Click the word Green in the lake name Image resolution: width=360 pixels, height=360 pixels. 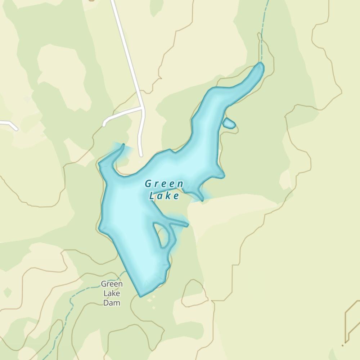[164, 184]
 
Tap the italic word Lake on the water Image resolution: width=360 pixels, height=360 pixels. [164, 196]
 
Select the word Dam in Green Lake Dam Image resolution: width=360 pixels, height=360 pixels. [112, 303]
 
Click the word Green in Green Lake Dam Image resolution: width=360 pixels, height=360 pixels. [112, 284]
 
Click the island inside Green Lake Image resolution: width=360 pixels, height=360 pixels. [162, 235]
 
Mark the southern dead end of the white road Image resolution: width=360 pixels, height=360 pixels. [141, 155]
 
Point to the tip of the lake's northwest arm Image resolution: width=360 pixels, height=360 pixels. [123, 145]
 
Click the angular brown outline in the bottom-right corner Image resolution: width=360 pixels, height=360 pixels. [351, 320]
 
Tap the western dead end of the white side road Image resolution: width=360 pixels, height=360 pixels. [104, 125]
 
